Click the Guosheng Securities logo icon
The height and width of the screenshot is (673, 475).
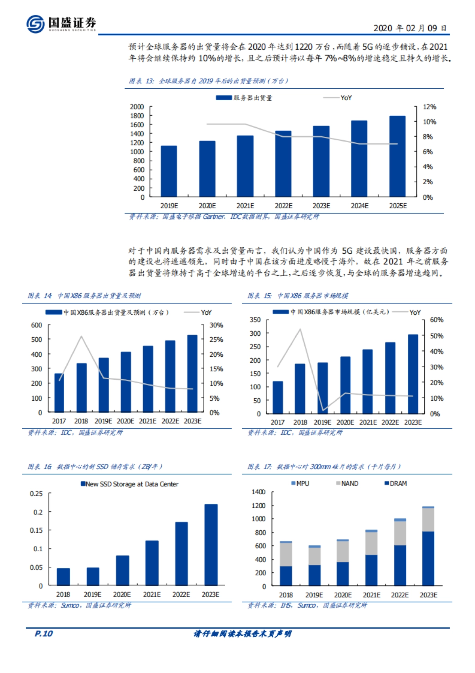[x=35, y=24]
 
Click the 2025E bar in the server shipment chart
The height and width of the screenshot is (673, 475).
[x=397, y=156]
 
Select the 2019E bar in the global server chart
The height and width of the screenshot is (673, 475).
[x=169, y=171]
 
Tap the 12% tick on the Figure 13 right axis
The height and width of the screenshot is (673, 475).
[x=429, y=107]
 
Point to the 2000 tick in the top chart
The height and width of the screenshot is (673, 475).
[x=137, y=107]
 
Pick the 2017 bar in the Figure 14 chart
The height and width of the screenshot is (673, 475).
[x=59, y=393]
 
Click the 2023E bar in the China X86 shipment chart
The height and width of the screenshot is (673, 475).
[x=192, y=374]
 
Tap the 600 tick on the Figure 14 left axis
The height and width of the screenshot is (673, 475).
[x=36, y=325]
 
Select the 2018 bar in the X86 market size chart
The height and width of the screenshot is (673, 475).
[x=300, y=389]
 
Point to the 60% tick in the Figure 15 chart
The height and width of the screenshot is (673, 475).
[x=436, y=320]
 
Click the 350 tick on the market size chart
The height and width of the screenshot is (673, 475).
[x=255, y=320]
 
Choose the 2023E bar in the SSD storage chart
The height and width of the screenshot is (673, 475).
[x=211, y=545]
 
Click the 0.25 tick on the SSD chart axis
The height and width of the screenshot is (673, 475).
[x=36, y=494]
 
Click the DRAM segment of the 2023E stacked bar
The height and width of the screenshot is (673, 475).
[x=428, y=558]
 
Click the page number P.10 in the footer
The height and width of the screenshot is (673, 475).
[x=44, y=634]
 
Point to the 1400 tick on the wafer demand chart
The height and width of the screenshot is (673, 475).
[x=258, y=492]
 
